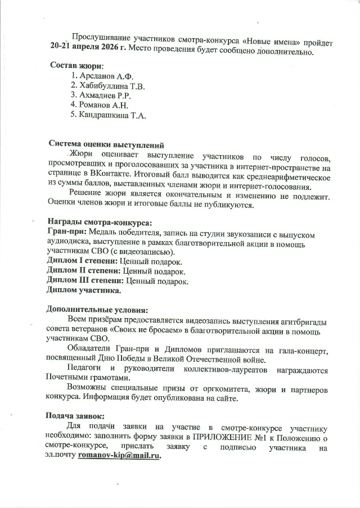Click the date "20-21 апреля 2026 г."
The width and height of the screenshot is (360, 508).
(88, 52)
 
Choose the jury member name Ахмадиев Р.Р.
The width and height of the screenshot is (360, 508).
(105, 96)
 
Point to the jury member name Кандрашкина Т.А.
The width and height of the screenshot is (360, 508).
(112, 115)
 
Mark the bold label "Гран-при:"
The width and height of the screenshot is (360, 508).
(63, 233)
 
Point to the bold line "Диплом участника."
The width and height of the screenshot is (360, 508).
(83, 291)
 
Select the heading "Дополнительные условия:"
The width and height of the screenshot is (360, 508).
(97, 310)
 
